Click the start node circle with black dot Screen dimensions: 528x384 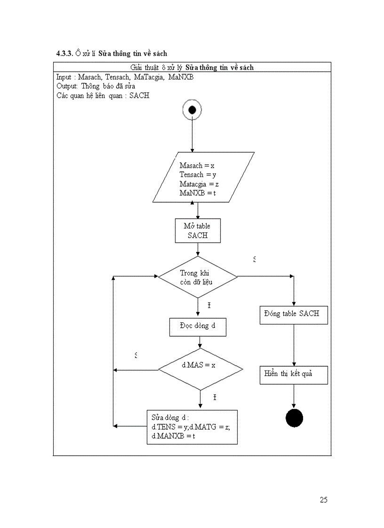click(x=192, y=110)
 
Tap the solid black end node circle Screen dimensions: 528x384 click(x=294, y=418)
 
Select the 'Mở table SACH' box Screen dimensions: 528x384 click(x=198, y=230)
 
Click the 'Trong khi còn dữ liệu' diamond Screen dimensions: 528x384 click(x=198, y=277)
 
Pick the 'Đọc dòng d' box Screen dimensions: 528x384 click(x=198, y=327)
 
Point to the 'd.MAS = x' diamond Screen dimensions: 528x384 click(x=200, y=370)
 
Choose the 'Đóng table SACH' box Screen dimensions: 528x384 click(x=294, y=314)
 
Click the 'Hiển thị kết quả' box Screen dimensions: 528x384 click(x=294, y=375)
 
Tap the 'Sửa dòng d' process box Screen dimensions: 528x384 click(x=192, y=426)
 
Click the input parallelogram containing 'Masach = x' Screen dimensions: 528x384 click(x=203, y=178)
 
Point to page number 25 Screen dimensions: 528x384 click(x=323, y=500)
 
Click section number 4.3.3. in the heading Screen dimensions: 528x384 click(x=64, y=54)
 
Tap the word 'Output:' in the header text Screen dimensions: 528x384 click(x=67, y=86)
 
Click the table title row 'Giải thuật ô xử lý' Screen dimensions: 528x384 click(x=192, y=67)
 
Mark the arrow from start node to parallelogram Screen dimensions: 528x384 click(x=192, y=136)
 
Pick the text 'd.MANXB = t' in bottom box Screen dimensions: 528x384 click(x=173, y=436)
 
